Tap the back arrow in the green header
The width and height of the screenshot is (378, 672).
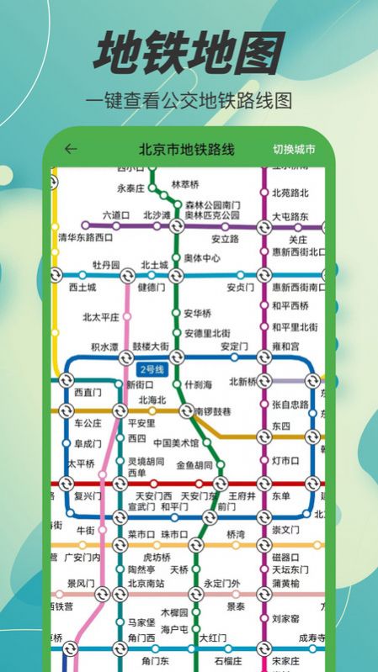[x=71, y=150]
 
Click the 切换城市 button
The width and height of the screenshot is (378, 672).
[x=294, y=150]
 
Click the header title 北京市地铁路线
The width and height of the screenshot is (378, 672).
[x=187, y=150]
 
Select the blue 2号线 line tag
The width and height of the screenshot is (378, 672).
[x=152, y=369]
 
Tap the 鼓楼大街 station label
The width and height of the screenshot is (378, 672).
[x=151, y=347]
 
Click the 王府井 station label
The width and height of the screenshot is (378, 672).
[x=242, y=495]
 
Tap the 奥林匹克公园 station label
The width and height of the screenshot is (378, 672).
[x=212, y=215]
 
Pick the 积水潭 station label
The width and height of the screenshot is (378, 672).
[x=105, y=347]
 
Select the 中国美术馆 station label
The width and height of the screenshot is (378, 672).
[x=176, y=443]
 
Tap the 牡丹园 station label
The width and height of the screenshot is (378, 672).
[x=107, y=264]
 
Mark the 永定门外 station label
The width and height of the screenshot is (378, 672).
[x=221, y=582]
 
